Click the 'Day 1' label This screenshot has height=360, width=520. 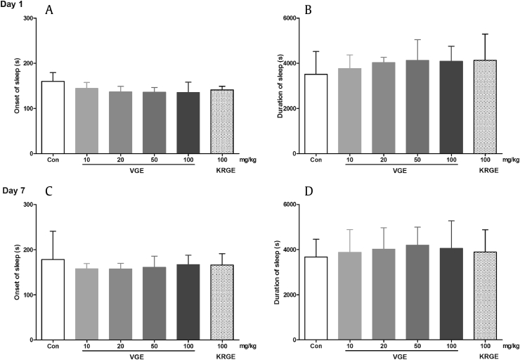tap(13, 5)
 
